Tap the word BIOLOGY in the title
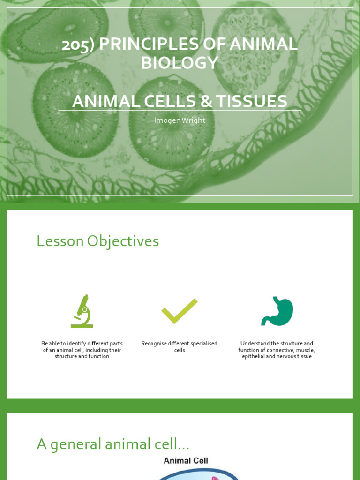pos(180,63)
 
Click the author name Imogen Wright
pos(180,120)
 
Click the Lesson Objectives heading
pos(98,241)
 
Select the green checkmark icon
pos(180,311)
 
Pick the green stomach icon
pos(277,311)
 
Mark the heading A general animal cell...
pos(113,444)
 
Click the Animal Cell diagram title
pos(186,461)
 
